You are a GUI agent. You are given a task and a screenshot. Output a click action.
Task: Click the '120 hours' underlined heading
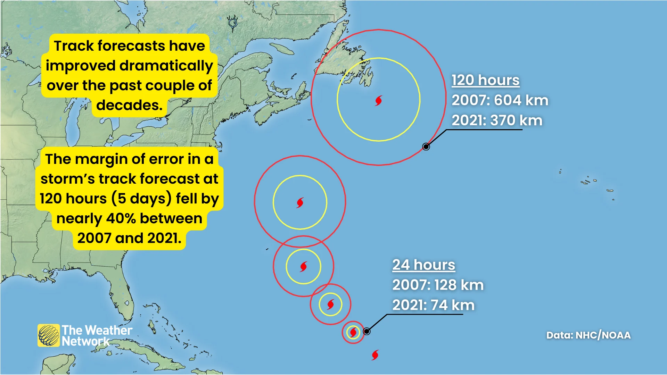(485, 80)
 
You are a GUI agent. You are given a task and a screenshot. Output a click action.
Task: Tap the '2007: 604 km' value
(500, 100)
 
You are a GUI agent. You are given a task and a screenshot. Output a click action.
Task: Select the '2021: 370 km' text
(497, 120)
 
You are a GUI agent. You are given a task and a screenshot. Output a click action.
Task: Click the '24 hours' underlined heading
(423, 265)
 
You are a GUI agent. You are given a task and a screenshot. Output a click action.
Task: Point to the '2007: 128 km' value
(438, 285)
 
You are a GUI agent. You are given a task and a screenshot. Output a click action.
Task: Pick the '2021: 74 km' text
(433, 305)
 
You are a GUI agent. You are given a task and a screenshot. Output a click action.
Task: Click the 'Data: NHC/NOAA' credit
(588, 335)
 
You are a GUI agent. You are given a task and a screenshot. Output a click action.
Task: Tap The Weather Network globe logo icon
(49, 335)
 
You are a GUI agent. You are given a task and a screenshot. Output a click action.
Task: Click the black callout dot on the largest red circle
(426, 147)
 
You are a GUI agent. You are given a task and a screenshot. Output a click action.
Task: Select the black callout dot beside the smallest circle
(367, 331)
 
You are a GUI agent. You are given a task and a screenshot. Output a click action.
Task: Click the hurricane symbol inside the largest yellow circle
(379, 101)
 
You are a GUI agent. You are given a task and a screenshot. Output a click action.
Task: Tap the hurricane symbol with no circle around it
(375, 355)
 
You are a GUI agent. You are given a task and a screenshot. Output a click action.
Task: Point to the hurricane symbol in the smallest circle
(353, 332)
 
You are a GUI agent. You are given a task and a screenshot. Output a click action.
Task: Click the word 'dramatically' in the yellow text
(166, 66)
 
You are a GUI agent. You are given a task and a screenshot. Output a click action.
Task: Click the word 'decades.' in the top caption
(129, 105)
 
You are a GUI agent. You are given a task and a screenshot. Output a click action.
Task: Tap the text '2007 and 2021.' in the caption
(129, 238)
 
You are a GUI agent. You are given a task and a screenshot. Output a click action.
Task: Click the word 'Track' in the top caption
(74, 46)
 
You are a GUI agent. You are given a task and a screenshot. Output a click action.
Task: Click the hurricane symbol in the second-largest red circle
(300, 202)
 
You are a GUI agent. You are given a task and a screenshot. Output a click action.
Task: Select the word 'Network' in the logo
(85, 342)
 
